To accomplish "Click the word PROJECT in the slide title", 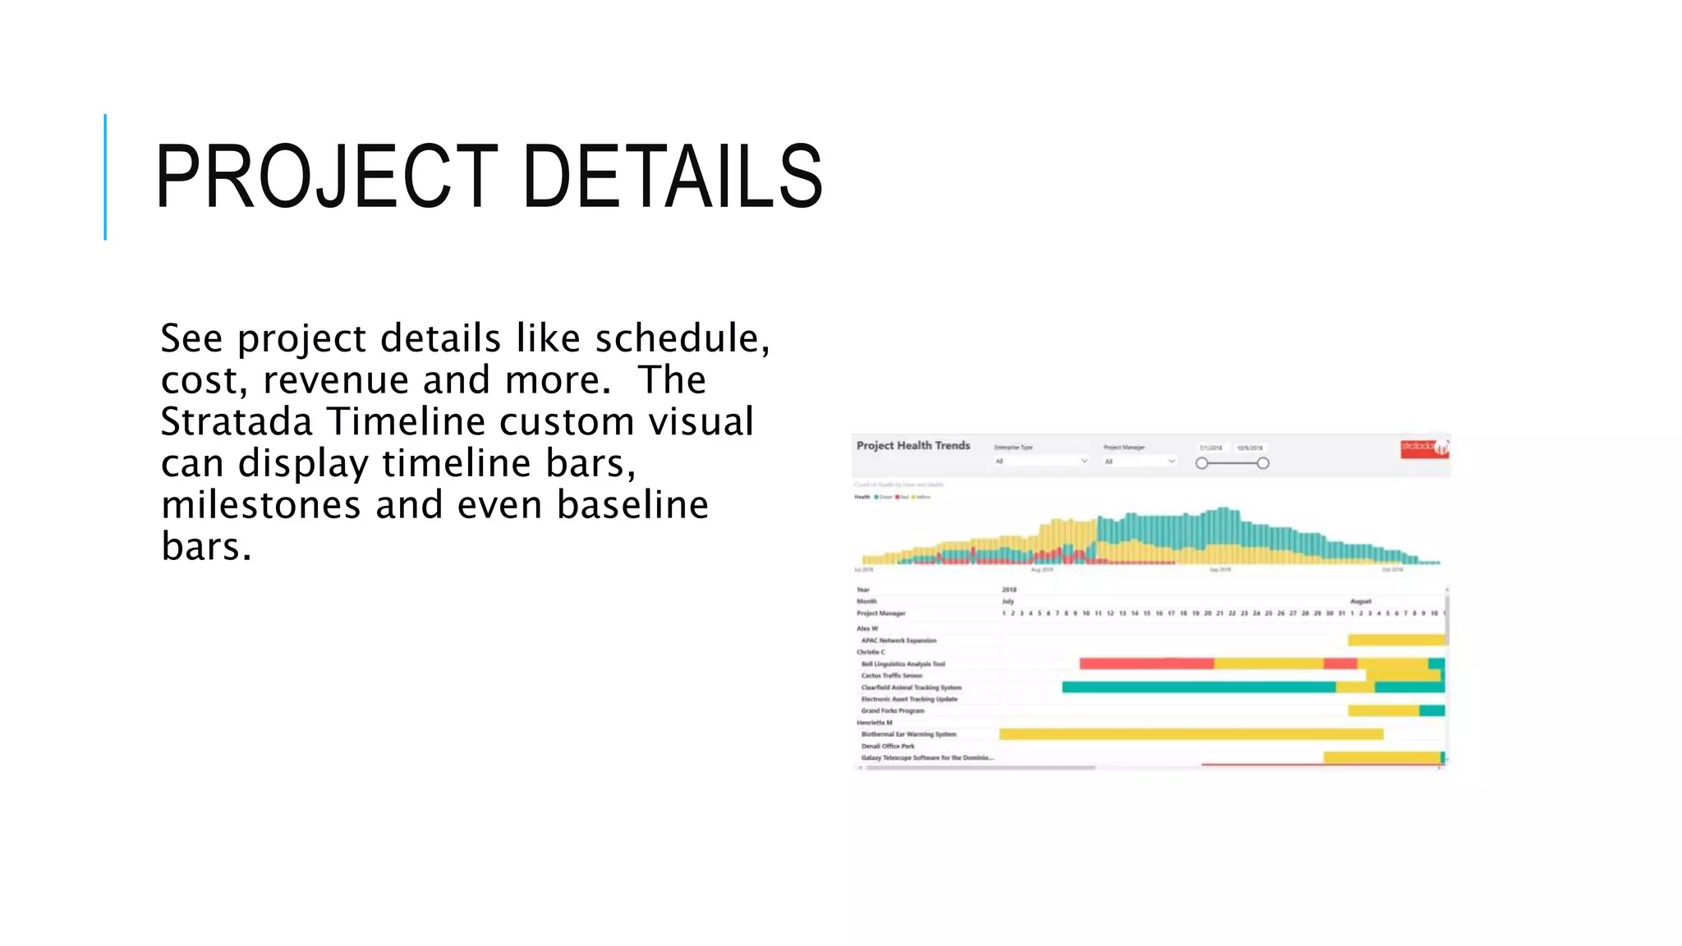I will tap(325, 177).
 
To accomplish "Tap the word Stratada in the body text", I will tap(237, 421).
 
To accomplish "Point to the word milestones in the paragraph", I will tap(260, 504).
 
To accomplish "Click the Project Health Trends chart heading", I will tap(912, 445).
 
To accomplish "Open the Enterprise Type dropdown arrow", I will tap(1084, 462).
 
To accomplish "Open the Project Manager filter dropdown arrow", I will tap(1171, 462).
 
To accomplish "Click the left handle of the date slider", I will tap(1202, 463).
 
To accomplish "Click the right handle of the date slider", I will tap(1263, 463).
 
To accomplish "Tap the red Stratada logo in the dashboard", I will tap(1423, 448).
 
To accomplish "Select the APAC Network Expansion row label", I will tap(898, 641).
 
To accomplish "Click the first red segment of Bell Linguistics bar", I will tap(1146, 664).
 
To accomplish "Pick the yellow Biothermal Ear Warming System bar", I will tap(1190, 734).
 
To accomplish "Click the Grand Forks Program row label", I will tap(892, 711).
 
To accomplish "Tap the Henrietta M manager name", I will tap(874, 723).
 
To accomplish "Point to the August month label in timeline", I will tap(1360, 601).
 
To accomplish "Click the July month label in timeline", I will tap(1008, 601).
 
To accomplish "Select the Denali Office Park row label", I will tap(887, 746).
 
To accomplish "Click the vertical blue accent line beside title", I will tap(105, 177).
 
